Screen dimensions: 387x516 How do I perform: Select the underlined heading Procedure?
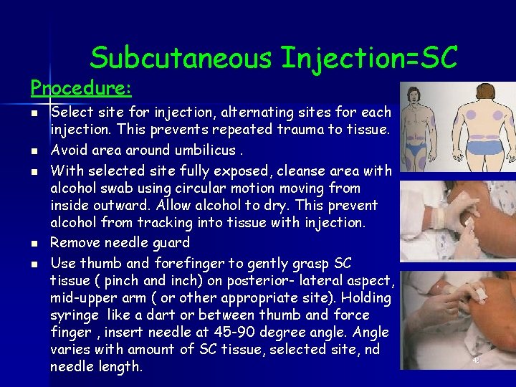click(81, 88)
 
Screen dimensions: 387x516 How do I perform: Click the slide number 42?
click(476, 360)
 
